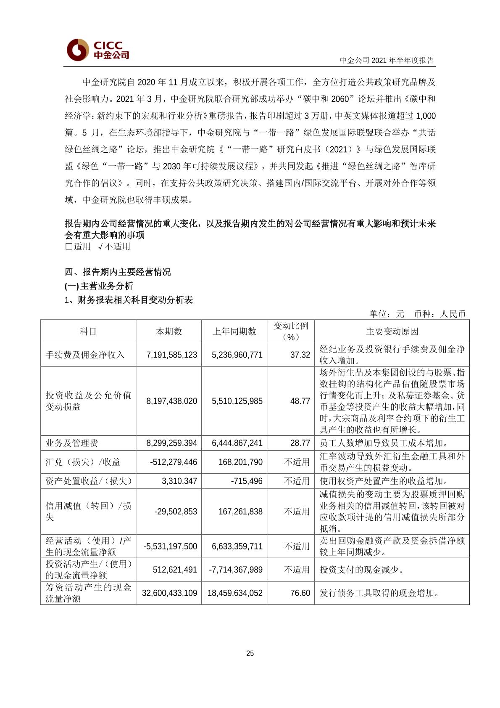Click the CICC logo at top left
click(x=97, y=50)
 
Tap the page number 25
click(x=250, y=653)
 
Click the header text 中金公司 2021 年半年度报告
click(x=387, y=60)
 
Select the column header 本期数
click(x=168, y=331)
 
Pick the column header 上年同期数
click(x=234, y=331)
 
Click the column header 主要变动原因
click(x=392, y=331)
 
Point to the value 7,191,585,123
click(x=171, y=355)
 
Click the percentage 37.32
click(x=300, y=355)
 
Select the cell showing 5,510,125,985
click(x=237, y=401)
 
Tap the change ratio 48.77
click(x=300, y=401)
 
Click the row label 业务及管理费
click(x=72, y=443)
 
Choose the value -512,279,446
click(x=174, y=462)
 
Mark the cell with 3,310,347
click(x=179, y=481)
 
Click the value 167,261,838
click(x=240, y=512)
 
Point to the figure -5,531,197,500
click(x=170, y=546)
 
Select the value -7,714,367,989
click(x=236, y=570)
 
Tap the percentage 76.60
click(x=300, y=593)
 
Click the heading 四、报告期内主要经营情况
click(x=118, y=272)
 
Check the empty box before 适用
click(x=68, y=247)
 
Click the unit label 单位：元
click(x=387, y=314)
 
